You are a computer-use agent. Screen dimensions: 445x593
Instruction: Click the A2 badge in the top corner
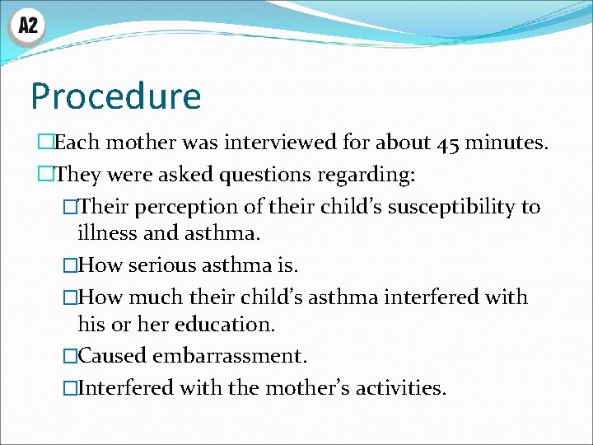(x=27, y=26)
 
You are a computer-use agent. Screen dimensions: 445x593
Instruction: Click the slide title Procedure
(x=115, y=96)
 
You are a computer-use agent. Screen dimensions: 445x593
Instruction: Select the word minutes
(x=507, y=143)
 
